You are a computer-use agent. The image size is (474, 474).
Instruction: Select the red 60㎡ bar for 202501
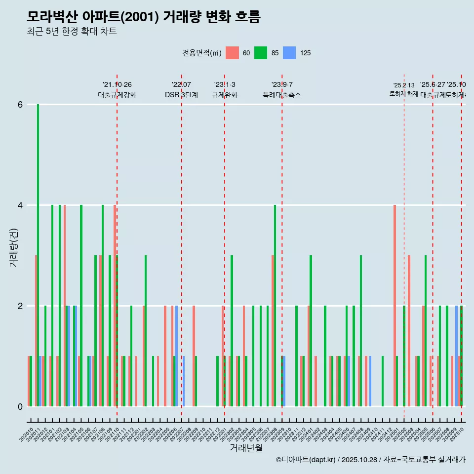pyautogui.click(x=395, y=306)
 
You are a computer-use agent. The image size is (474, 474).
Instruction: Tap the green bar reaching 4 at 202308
pyautogui.click(x=275, y=306)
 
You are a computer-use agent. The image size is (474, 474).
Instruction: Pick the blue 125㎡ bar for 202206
pyautogui.click(x=177, y=356)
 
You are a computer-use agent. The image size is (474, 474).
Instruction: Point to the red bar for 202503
pyautogui.click(x=409, y=331)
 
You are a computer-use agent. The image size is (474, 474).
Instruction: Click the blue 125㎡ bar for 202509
pyautogui.click(x=457, y=356)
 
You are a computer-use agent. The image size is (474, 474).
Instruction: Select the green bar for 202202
pyautogui.click(x=146, y=331)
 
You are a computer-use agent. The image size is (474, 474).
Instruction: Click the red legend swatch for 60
pyautogui.click(x=232, y=53)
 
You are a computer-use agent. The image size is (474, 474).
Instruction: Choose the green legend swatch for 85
pyautogui.click(x=261, y=53)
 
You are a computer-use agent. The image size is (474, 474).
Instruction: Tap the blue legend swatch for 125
pyautogui.click(x=289, y=53)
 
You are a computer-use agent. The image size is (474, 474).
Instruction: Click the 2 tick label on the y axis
pyautogui.click(x=20, y=306)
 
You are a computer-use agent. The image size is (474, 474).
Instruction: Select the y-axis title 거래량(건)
pyautogui.click(x=14, y=247)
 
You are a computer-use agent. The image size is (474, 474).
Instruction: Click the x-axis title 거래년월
pyautogui.click(x=246, y=448)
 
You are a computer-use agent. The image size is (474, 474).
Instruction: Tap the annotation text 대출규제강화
pyautogui.click(x=117, y=95)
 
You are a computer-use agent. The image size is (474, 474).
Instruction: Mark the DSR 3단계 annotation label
pyautogui.click(x=181, y=95)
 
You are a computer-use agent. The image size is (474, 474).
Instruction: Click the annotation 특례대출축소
pyautogui.click(x=281, y=95)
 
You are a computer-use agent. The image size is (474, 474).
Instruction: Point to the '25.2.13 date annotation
pyautogui.click(x=404, y=85)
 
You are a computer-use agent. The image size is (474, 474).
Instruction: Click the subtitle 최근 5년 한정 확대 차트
pyautogui.click(x=72, y=32)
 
